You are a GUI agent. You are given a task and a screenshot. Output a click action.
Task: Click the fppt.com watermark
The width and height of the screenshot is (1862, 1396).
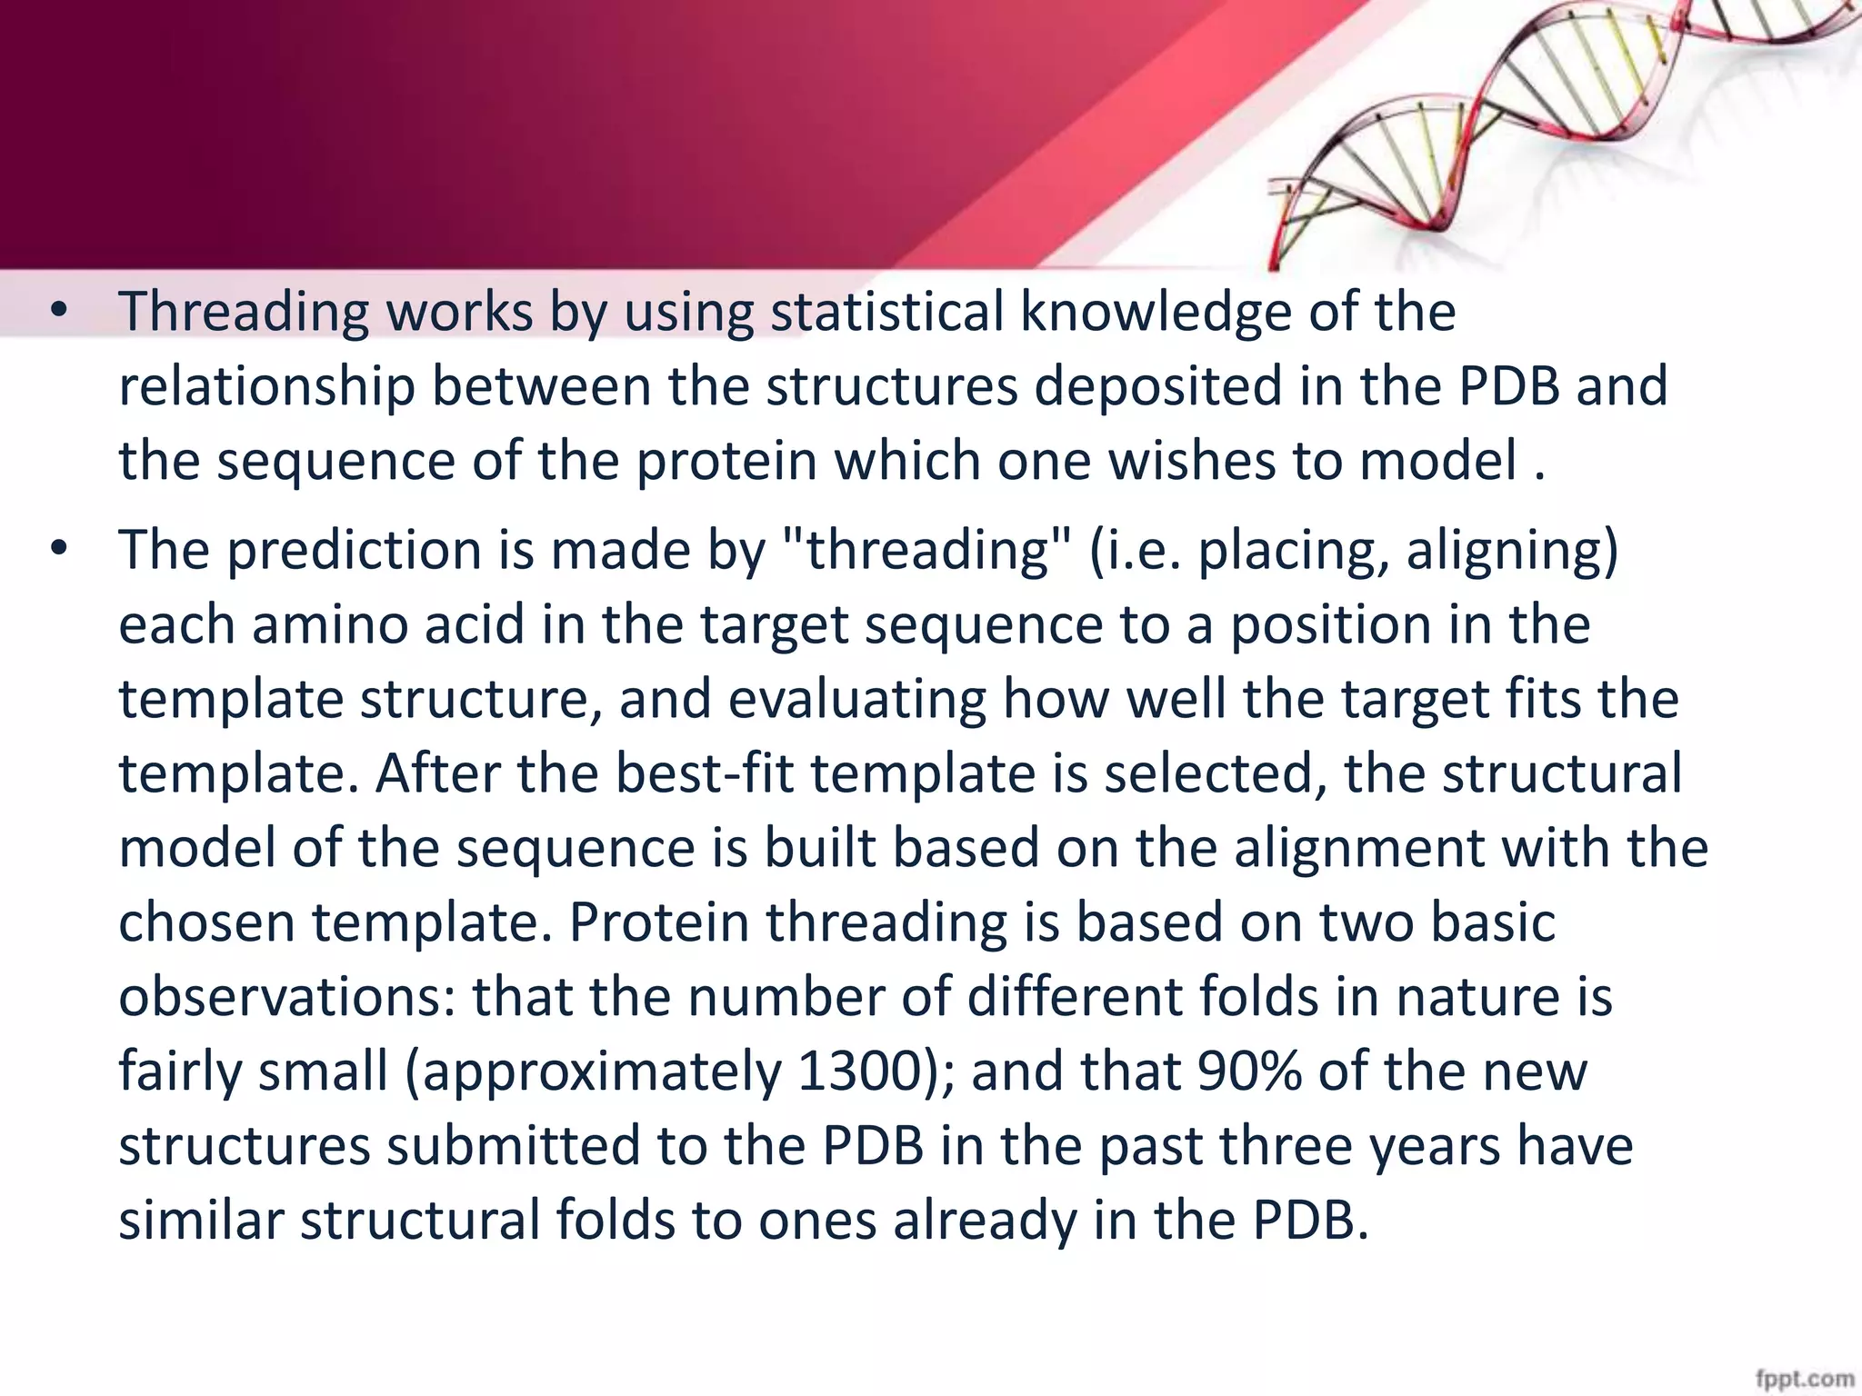pos(1805,1379)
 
